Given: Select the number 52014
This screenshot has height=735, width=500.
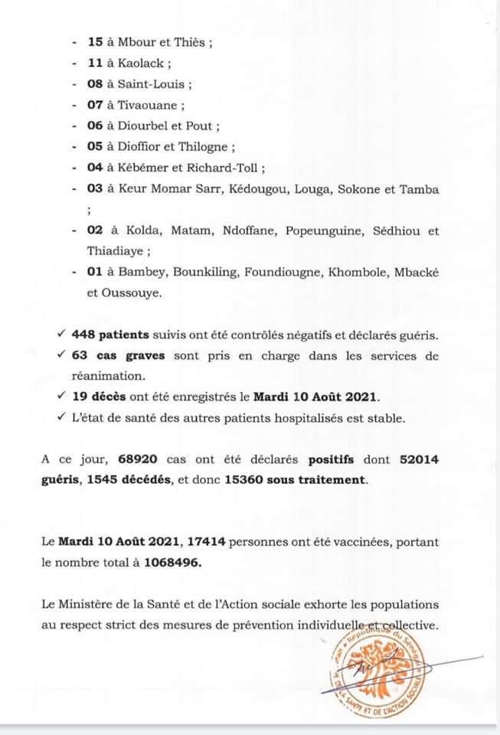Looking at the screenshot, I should pos(420,460).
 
